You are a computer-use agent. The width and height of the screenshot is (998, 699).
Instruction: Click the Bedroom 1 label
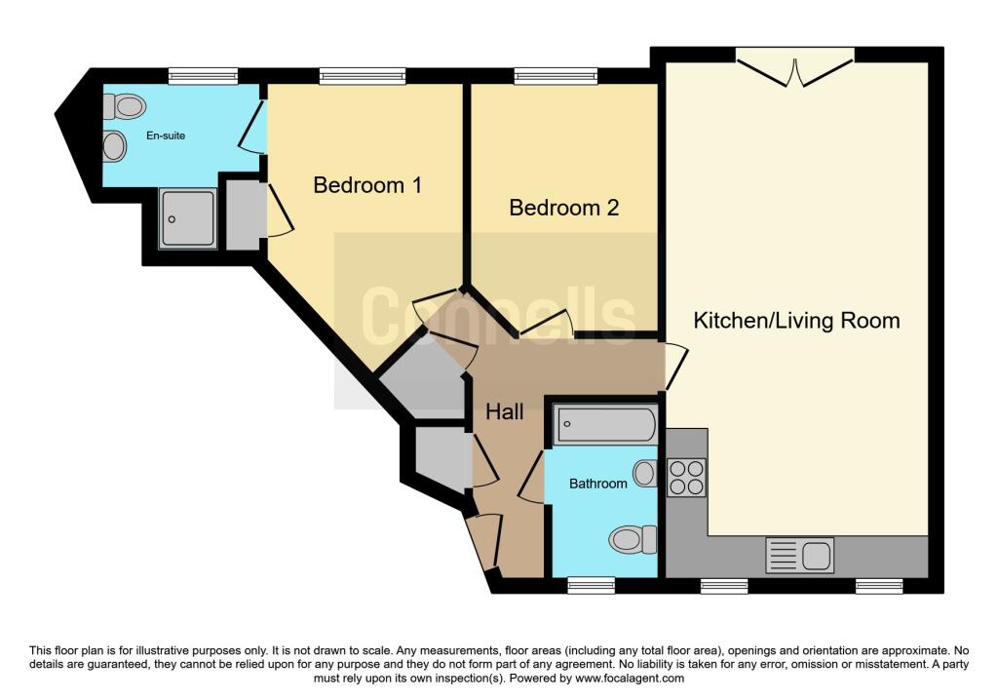coord(367,184)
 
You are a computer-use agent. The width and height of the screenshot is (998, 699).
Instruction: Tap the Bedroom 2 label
coord(564,208)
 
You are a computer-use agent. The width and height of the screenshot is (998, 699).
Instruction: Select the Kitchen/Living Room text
coord(796,320)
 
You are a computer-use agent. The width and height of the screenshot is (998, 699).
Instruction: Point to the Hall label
coord(505,411)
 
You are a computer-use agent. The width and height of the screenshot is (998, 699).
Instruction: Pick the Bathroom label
coord(598,483)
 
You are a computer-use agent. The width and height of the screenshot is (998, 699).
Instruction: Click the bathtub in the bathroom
coord(605,425)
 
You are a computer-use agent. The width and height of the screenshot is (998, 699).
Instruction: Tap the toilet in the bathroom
coord(633,538)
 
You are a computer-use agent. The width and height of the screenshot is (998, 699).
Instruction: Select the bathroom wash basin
coord(644,474)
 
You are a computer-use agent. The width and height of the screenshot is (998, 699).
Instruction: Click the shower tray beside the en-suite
coord(188,218)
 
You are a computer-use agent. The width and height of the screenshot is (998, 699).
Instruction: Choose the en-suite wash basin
coord(115,147)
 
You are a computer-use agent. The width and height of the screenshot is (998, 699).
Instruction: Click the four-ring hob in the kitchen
coord(686,477)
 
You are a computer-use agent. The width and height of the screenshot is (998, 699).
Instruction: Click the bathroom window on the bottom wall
coord(592,585)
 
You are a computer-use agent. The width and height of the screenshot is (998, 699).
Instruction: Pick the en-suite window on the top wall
coord(203,76)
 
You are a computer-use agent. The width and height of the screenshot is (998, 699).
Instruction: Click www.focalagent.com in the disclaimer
coord(630,679)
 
